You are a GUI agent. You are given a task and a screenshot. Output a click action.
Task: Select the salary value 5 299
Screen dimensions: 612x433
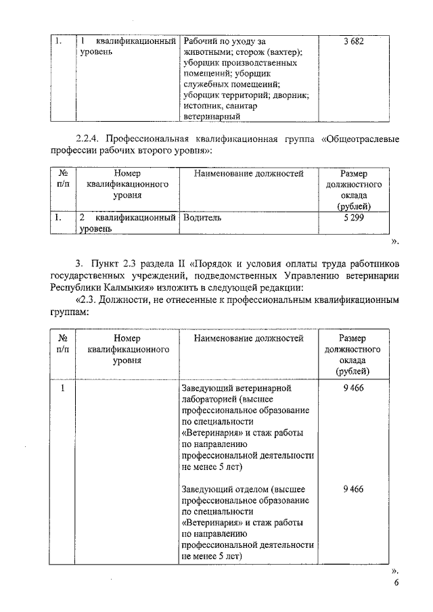click(353, 218)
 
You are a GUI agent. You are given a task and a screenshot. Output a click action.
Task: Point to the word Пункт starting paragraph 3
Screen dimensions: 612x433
click(102, 262)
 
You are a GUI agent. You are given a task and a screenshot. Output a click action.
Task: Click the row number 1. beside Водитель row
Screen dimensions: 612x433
click(59, 218)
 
